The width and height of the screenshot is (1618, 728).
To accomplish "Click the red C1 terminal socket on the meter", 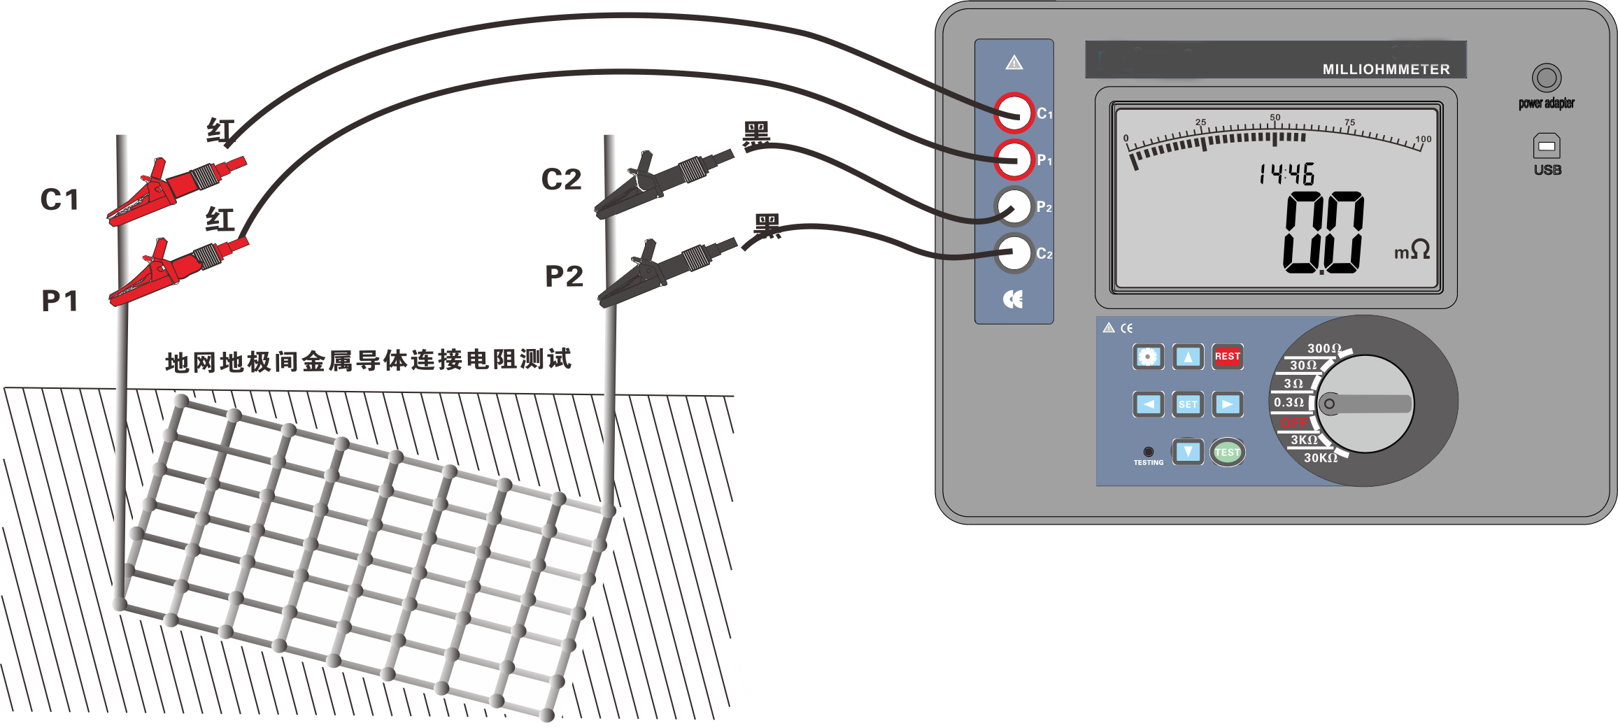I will point(1014,113).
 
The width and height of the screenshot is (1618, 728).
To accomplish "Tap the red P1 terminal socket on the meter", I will point(1014,159).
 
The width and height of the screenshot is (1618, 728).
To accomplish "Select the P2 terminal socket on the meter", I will point(1014,206).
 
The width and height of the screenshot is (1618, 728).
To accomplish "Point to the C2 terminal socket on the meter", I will point(1014,252).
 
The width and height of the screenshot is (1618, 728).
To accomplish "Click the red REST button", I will point(1227,357).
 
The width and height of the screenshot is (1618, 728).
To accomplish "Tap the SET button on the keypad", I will point(1188,404).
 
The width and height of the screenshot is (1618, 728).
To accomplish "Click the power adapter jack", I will point(1546,78).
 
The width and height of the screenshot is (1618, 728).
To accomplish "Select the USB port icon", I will point(1547,146).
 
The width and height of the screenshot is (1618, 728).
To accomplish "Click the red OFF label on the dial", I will point(1293,422).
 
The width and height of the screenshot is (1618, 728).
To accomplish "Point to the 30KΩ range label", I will point(1320,458).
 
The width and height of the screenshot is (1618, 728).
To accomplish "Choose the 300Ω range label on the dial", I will point(1324,348).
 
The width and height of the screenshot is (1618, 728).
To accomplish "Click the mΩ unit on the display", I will point(1412,250).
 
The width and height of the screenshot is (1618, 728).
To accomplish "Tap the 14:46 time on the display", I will point(1286,174).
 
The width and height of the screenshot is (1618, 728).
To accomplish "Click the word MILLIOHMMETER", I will point(1386,69).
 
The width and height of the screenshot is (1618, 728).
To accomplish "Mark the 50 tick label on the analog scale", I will point(1275,117).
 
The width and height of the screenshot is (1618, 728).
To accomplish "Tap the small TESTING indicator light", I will point(1148,452).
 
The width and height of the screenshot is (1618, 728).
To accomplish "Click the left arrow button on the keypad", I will point(1148,404).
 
